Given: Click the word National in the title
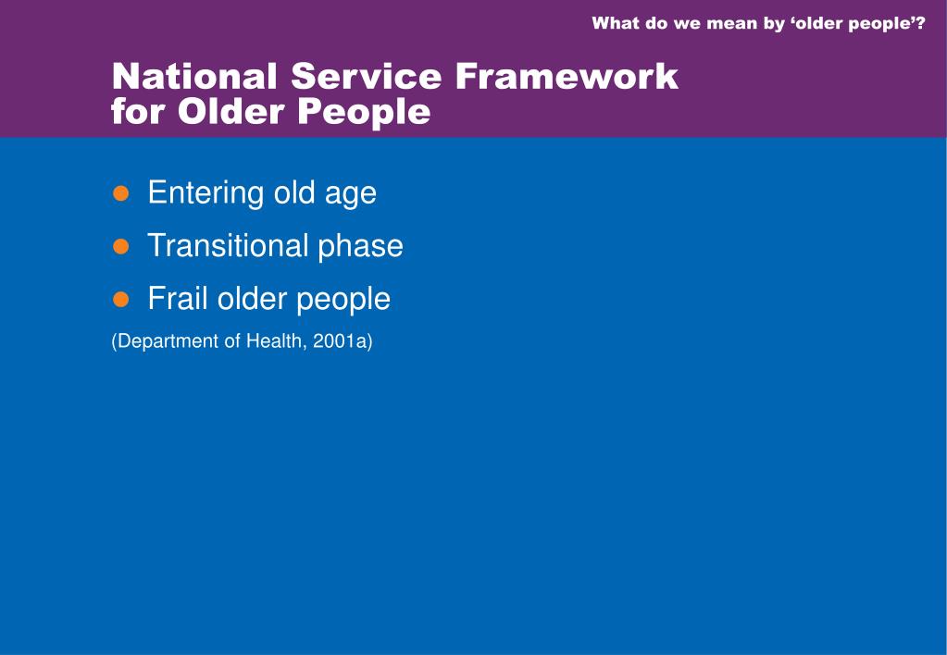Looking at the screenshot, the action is pyautogui.click(x=194, y=76).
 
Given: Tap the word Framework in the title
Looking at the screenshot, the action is pyautogui.click(x=567, y=76).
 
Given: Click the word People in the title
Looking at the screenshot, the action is pyautogui.click(x=364, y=113).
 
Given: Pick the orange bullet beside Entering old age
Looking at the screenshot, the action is pyautogui.click(x=120, y=193).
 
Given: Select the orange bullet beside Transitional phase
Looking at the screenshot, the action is pyautogui.click(x=120, y=246).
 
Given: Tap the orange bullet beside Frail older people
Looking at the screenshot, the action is pyautogui.click(x=120, y=300).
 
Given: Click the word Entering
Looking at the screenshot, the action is pyautogui.click(x=206, y=193).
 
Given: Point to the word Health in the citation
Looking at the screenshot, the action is pyautogui.click(x=277, y=341).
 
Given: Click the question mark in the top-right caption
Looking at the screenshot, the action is pyautogui.click(x=920, y=23).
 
